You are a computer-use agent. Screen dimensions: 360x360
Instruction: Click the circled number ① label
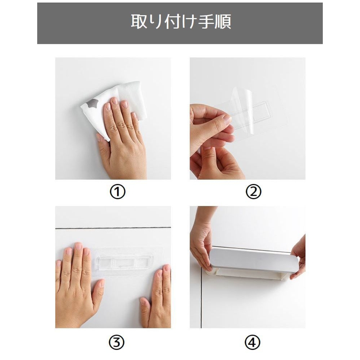[118, 192]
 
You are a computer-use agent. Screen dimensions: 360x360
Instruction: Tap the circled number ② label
[254, 192]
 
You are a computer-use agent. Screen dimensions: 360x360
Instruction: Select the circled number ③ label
[117, 342]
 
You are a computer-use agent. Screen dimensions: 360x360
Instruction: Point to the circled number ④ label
[252, 342]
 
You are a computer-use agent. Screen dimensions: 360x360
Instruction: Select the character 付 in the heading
[173, 21]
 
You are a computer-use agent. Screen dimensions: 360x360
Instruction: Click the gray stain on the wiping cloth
[92, 103]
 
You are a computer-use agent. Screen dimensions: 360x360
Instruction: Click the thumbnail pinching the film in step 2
[227, 119]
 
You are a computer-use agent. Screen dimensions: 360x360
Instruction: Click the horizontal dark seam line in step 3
[113, 228]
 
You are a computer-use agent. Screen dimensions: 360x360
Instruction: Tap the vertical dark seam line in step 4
[201, 298]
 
